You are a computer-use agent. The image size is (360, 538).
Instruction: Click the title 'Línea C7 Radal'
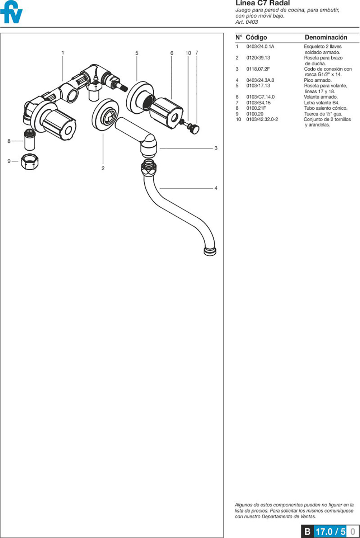point(262,3)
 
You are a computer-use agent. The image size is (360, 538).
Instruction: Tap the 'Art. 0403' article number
point(247,22)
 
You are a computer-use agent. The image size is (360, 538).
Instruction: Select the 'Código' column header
point(256,37)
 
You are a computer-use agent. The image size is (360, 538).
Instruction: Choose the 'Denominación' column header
point(326,37)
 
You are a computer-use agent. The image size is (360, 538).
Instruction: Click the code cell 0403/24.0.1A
point(260,47)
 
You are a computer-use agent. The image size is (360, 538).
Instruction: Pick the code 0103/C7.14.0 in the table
point(260,97)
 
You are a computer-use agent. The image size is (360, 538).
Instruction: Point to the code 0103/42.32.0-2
point(262,119)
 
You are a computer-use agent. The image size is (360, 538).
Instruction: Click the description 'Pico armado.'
point(318,80)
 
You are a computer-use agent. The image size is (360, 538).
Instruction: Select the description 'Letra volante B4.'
point(321,103)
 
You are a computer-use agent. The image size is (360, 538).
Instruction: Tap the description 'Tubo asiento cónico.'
point(326,108)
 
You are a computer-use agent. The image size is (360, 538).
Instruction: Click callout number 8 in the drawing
point(9,141)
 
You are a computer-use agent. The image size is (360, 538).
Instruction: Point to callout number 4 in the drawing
point(216,188)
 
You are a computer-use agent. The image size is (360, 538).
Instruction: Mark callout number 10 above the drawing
point(188,53)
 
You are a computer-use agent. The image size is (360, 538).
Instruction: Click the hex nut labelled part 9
point(30,162)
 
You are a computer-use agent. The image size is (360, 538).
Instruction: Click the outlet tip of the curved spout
point(210,251)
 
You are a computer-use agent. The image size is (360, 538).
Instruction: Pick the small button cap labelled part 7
point(195,128)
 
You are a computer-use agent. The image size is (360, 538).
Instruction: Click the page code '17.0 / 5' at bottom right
point(330,531)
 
